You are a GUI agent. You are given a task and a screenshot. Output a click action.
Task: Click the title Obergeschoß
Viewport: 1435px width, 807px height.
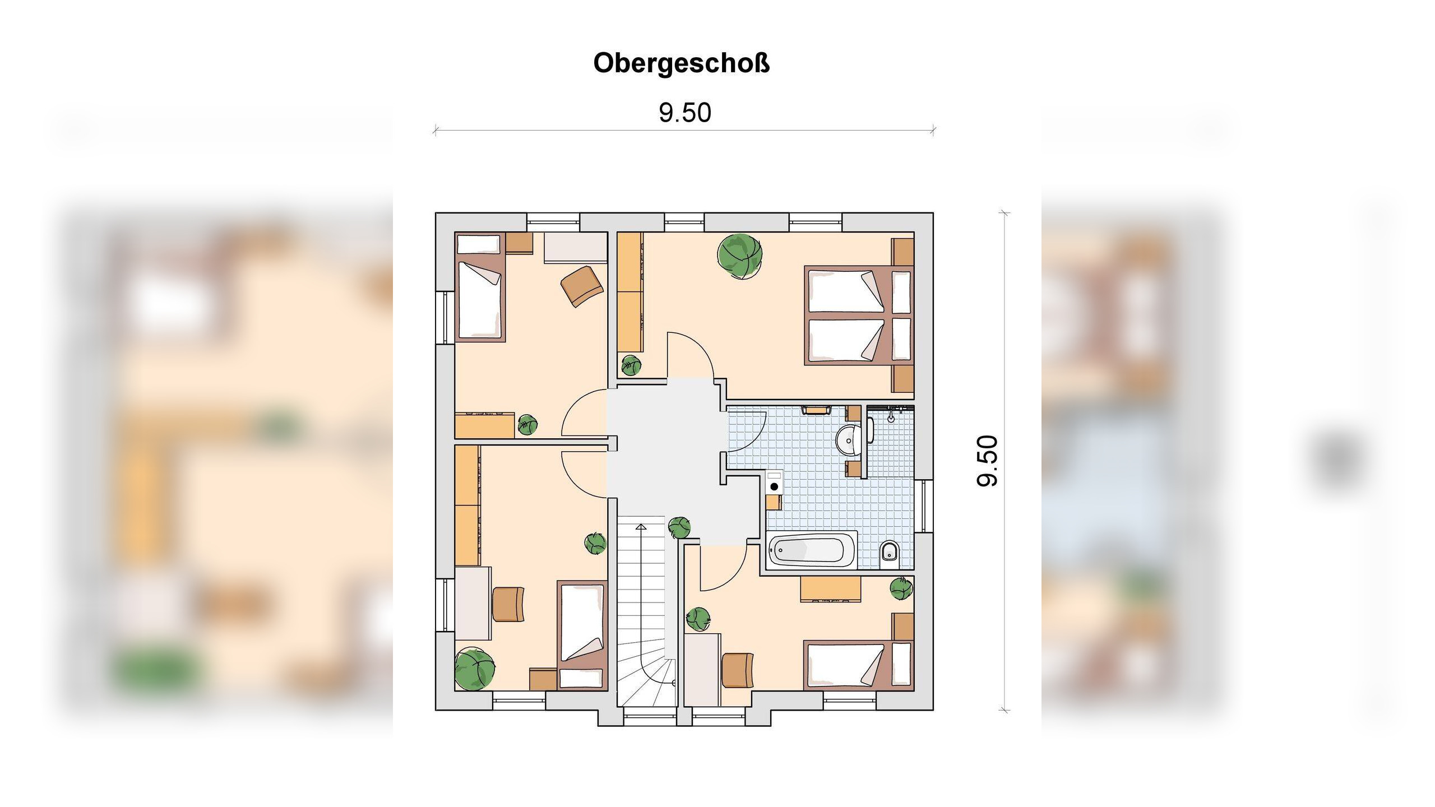point(682,63)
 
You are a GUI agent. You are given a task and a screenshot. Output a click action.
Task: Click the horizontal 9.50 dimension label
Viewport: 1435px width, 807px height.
point(684,113)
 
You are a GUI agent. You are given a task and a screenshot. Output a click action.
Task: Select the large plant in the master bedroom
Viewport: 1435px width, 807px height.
point(739,256)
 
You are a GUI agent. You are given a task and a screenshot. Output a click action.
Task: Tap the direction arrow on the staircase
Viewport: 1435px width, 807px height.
point(641,527)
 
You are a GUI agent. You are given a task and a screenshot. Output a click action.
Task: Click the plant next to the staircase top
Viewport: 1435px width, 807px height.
point(679,527)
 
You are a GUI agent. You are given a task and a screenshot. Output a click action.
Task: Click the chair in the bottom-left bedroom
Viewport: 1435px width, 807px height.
point(508,604)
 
